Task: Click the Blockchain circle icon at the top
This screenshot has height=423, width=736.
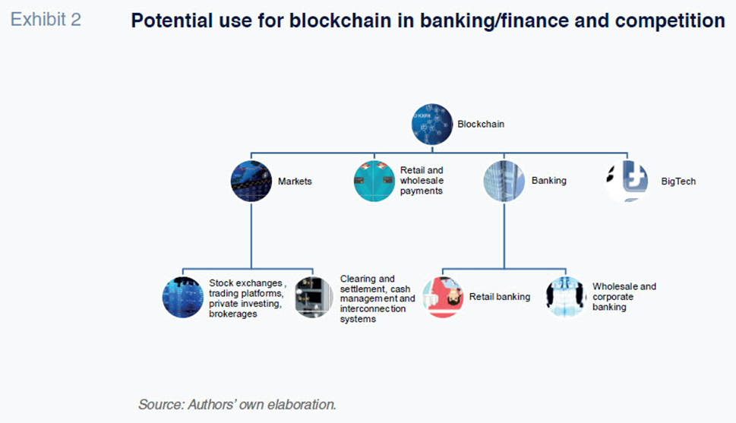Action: tap(432, 124)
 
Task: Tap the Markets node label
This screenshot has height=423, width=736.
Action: tap(295, 182)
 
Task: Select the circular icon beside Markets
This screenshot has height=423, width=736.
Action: tap(251, 182)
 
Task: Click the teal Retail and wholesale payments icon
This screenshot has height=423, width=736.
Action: tap(374, 182)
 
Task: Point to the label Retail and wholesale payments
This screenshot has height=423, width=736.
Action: tap(422, 180)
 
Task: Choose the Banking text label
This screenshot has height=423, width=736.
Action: tap(548, 180)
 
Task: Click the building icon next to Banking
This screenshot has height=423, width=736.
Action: tap(504, 182)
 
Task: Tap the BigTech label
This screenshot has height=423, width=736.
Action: tap(678, 182)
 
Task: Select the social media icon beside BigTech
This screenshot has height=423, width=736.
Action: tap(627, 182)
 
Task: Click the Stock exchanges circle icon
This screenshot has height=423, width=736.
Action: tap(182, 297)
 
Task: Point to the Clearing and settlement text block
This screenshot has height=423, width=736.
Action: tap(377, 298)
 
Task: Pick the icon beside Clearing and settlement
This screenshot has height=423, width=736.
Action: tap(314, 297)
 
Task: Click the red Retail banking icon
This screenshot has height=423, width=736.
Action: tap(443, 297)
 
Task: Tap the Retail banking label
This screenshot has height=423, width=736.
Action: tap(500, 297)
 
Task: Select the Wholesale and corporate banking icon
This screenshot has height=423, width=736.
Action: tap(566, 297)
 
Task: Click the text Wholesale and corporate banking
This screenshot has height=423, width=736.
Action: tap(624, 296)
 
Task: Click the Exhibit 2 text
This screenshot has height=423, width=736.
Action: tap(46, 20)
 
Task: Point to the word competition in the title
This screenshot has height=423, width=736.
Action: tap(670, 21)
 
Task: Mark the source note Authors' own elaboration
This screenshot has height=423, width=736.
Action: tap(237, 404)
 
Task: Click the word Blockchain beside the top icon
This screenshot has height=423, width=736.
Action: tap(481, 124)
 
